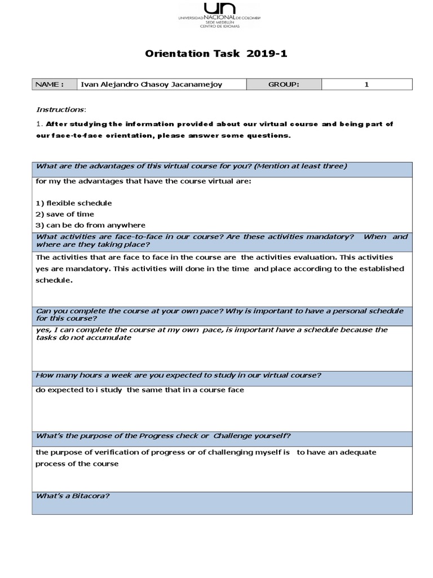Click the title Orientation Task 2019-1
click(x=217, y=54)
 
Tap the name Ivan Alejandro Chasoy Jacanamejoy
click(x=151, y=85)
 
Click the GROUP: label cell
click(x=284, y=85)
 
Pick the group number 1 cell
click(x=366, y=85)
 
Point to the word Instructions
click(x=61, y=109)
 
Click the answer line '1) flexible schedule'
click(x=73, y=203)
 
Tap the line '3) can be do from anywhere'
click(x=90, y=225)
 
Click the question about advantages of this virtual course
click(x=191, y=166)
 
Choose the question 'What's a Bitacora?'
click(x=73, y=496)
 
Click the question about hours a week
click(x=179, y=375)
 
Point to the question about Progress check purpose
click(x=164, y=435)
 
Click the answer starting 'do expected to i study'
click(x=140, y=390)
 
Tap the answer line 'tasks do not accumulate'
click(x=83, y=338)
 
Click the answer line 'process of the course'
click(x=77, y=463)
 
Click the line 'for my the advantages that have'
click(x=143, y=182)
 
